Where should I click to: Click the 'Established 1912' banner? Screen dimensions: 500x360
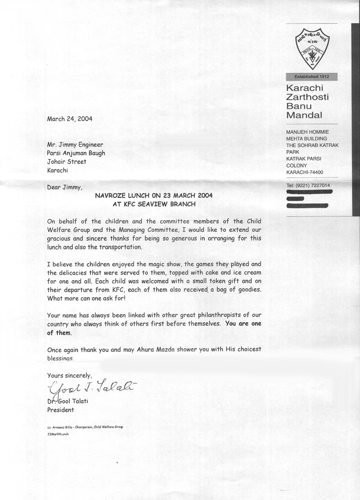click(x=312, y=77)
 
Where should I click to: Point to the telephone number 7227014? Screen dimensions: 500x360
click(x=320, y=185)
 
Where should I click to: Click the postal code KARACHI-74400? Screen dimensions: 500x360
click(x=310, y=172)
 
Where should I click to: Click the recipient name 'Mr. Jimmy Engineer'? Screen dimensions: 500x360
click(x=75, y=145)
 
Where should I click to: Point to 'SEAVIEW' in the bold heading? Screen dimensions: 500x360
click(x=161, y=204)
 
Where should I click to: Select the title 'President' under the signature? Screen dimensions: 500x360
click(x=61, y=410)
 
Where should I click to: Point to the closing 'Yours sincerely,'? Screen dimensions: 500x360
click(x=69, y=375)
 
